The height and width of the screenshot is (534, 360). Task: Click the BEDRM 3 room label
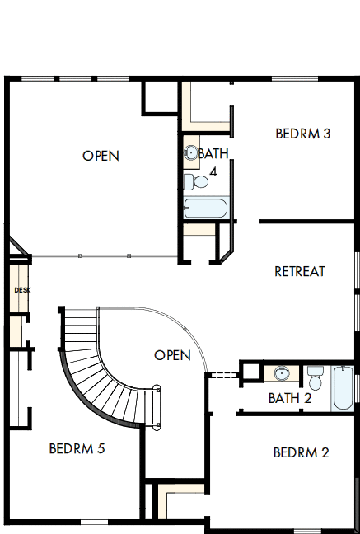302,133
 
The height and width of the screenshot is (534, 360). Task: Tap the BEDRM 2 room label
301,452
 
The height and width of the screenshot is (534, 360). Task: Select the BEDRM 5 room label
77,449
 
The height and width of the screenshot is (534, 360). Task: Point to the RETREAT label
299,271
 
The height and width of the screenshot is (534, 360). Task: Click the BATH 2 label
289,398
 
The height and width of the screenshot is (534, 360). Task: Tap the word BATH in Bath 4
213,153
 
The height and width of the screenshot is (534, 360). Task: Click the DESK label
21,290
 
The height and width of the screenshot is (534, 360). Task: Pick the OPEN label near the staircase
172,355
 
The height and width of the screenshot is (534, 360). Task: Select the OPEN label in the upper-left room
101,156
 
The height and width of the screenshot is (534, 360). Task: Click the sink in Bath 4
191,152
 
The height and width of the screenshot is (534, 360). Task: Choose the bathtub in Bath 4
206,208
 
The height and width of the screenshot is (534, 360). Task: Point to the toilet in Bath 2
315,378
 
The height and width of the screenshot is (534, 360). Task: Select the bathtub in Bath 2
343,388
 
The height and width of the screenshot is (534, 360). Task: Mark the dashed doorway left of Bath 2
222,375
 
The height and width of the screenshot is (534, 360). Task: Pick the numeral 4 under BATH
213,172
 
